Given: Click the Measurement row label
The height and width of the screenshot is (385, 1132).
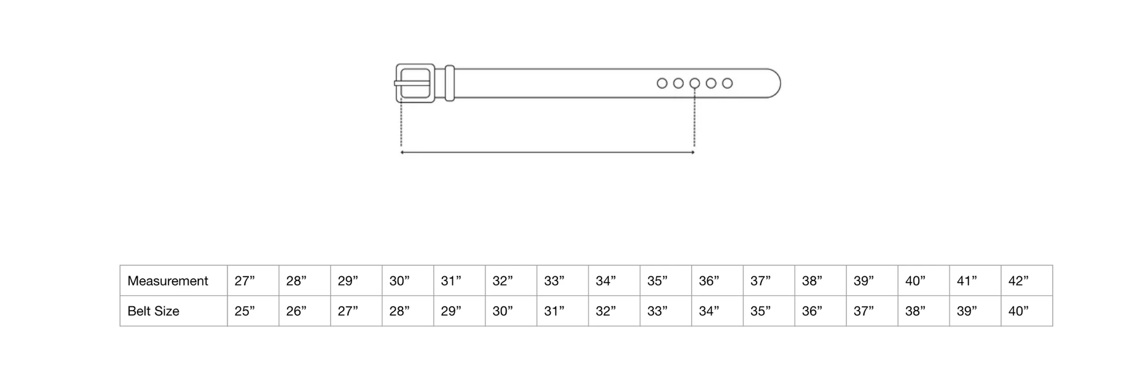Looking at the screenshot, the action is [x=168, y=281].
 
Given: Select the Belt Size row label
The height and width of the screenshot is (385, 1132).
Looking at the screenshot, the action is [x=153, y=311].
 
